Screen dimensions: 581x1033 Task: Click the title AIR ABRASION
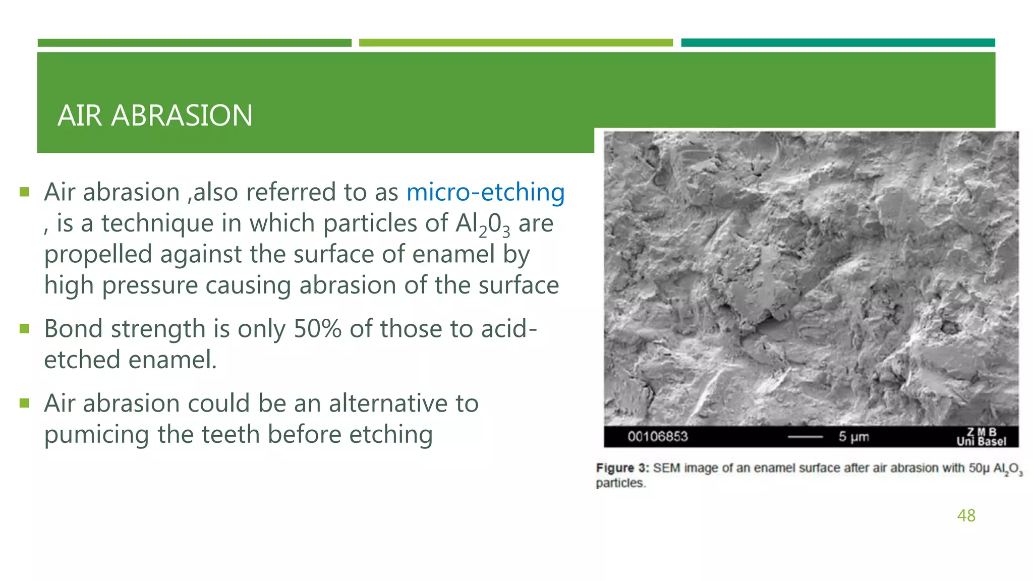coord(155,115)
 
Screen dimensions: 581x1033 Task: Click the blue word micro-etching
coord(485,192)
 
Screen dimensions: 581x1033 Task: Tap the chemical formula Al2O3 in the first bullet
coord(482,224)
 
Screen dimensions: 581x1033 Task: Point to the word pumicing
coord(96,435)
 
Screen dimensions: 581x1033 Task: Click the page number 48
coord(966,515)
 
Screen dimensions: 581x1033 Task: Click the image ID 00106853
coord(657,436)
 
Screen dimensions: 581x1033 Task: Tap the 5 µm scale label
coord(853,437)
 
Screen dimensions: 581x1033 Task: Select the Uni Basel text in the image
coord(981,442)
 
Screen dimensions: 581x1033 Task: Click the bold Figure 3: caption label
coord(622,468)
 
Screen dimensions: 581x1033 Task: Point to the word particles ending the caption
coord(620,483)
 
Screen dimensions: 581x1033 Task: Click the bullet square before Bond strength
coord(24,329)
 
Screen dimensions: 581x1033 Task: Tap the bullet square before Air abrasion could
coord(24,403)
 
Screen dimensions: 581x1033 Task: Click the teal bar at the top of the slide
coord(838,43)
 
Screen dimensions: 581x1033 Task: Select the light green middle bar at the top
coord(515,43)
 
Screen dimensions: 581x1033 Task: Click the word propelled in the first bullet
coord(98,255)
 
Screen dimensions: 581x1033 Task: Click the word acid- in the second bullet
coord(509,329)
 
